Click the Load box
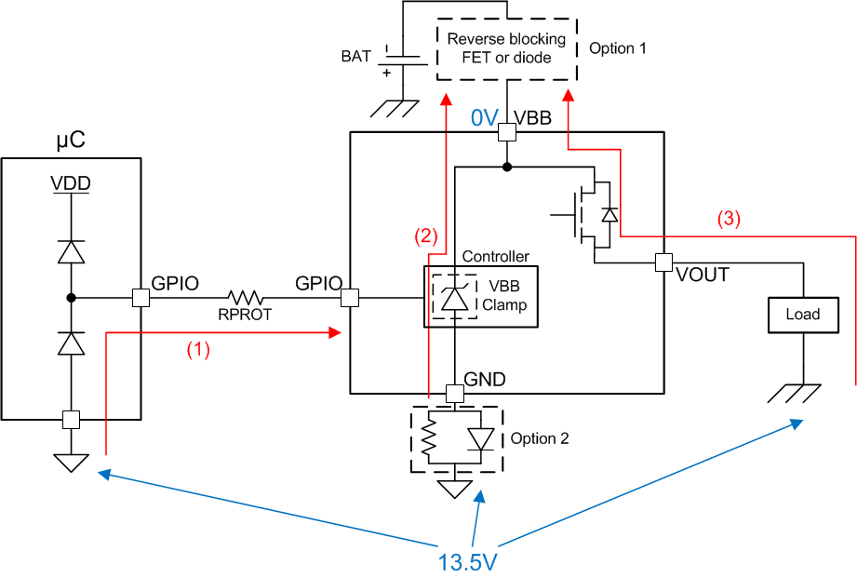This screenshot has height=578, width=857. pos(802,315)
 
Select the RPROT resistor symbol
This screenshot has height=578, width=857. pos(247,299)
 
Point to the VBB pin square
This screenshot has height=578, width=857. pos(506,132)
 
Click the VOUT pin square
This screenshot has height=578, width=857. pos(663,262)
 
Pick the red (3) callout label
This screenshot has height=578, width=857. pos(729,219)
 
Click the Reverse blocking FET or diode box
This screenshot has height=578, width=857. pos(506,48)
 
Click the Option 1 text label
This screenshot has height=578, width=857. pos(617,47)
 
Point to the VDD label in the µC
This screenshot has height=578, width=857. pos(71,183)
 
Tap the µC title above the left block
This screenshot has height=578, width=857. pos(71,142)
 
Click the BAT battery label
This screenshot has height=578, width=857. pos(355,56)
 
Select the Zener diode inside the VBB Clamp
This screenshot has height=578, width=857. pos(453,298)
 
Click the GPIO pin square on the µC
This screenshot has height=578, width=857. pos(141,299)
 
